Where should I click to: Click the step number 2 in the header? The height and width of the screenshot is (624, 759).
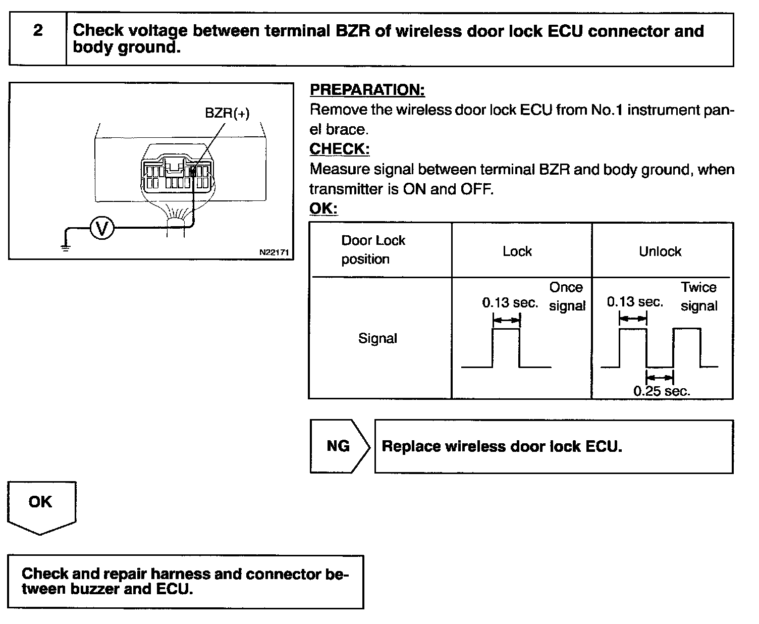point(38,31)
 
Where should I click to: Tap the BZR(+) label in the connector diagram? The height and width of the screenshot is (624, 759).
point(227,113)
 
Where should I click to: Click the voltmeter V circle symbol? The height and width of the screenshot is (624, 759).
point(102,230)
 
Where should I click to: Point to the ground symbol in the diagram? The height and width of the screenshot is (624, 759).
point(66,247)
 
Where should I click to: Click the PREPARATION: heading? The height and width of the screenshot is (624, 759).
point(367,90)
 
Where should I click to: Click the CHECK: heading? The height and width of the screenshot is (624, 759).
point(339,149)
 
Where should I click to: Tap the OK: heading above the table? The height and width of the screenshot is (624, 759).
point(323,208)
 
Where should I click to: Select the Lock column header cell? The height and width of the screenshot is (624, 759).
point(517,251)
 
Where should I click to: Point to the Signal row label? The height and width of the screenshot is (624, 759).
point(377,338)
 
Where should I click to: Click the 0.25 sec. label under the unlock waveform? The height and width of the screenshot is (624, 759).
point(662,391)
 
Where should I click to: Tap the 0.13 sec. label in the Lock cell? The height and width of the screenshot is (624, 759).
point(510,303)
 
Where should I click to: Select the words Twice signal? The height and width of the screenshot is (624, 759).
point(698,296)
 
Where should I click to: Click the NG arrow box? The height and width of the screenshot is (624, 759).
point(338,446)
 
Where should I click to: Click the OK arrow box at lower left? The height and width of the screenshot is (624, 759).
point(41,505)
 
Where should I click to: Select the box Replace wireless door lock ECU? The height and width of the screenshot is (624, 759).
point(553,447)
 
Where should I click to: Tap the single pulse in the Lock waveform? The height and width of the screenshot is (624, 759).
point(506,348)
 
